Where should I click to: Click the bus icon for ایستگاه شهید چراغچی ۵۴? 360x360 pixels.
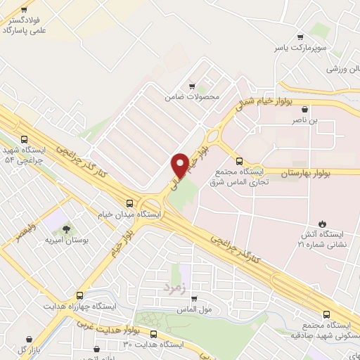click(25, 139)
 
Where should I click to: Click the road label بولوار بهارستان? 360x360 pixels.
click(309, 172)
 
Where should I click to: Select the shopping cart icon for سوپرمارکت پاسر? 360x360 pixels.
click(301, 37)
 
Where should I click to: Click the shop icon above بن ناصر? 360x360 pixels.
click(304, 109)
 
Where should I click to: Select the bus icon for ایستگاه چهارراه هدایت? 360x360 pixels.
click(79, 296)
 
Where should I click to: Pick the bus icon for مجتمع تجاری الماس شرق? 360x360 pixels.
click(239, 161)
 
